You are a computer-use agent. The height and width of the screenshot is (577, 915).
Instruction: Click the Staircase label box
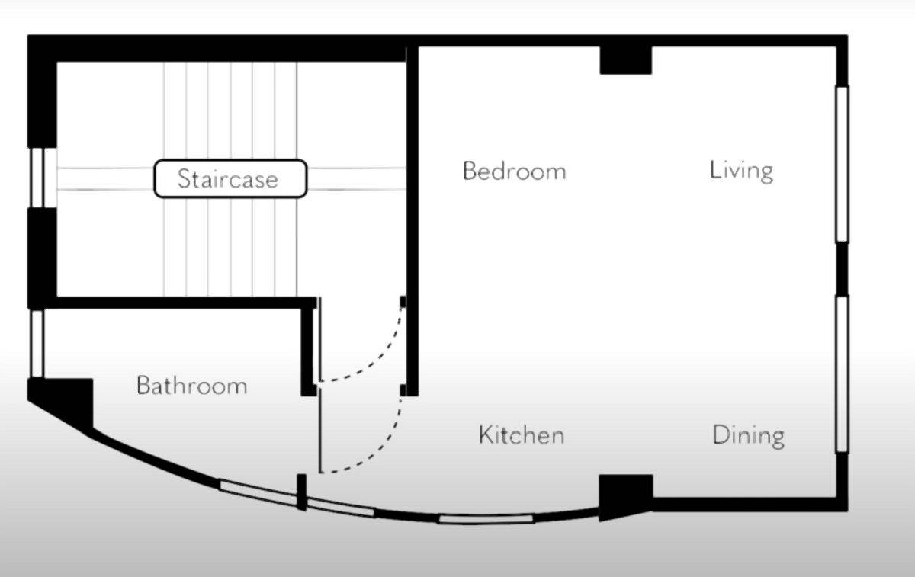(230, 178)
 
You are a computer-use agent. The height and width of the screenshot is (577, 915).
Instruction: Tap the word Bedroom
(514, 171)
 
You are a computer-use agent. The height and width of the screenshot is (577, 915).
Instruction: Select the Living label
(741, 171)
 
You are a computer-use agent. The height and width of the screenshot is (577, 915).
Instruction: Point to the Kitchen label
(522, 434)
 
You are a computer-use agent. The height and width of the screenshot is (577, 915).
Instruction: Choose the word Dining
(748, 436)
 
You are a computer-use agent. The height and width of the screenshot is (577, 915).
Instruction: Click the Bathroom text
(192, 385)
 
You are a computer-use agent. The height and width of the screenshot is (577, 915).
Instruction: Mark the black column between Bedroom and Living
(625, 60)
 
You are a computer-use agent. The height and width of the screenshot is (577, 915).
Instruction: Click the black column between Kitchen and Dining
(625, 496)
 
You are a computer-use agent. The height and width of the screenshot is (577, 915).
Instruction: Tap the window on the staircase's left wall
(43, 178)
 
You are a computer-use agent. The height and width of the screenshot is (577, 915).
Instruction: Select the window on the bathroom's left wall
(37, 344)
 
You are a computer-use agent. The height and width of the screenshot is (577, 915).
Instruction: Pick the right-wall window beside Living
(842, 164)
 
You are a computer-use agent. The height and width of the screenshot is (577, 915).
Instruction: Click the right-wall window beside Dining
(842, 374)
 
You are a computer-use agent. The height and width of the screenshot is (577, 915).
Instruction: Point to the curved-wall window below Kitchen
(486, 519)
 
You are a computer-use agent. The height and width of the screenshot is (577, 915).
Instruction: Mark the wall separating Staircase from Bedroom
(413, 220)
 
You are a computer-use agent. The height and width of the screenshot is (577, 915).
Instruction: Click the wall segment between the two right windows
(842, 269)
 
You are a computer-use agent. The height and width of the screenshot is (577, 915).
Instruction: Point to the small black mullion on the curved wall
(301, 492)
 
